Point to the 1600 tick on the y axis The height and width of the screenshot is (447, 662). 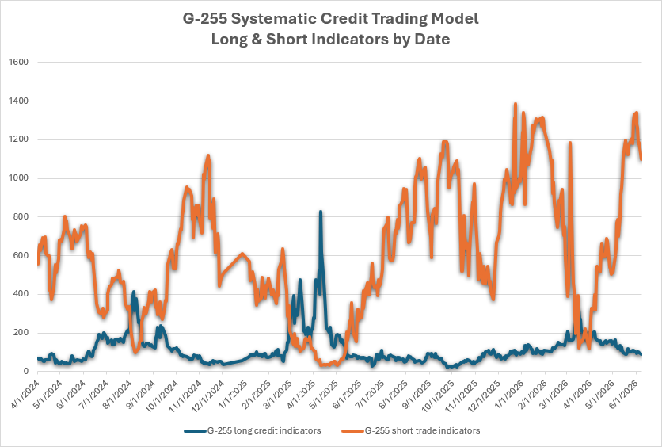[x=18, y=62]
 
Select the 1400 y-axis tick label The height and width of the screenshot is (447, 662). [x=18, y=101]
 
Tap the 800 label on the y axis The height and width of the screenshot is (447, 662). [x=21, y=216]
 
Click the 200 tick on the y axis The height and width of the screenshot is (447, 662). [x=21, y=333]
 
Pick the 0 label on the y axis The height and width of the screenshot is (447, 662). [x=26, y=372]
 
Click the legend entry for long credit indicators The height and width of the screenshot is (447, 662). [x=253, y=430]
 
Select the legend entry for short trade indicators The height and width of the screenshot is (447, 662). [x=410, y=430]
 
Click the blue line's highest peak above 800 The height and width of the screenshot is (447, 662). [x=321, y=212]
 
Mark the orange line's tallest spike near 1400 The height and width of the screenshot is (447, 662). [x=515, y=104]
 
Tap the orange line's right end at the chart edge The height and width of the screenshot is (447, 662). [x=641, y=159]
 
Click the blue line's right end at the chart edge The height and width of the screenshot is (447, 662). [x=641, y=354]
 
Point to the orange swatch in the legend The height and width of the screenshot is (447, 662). [x=352, y=431]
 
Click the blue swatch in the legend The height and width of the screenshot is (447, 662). [x=195, y=431]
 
